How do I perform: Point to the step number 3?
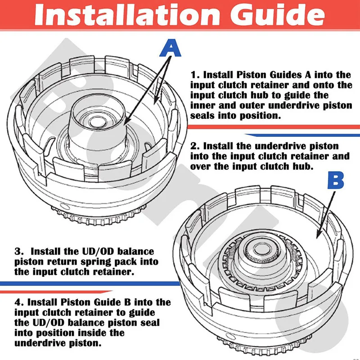click(x=18, y=251)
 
